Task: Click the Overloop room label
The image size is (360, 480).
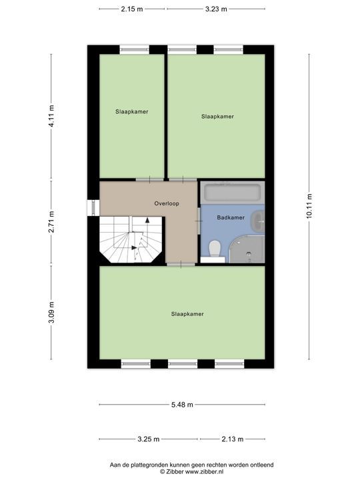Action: [167, 203]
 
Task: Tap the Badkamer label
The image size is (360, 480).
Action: [231, 217]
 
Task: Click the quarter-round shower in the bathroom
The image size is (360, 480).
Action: [247, 249]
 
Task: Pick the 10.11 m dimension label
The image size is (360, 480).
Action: [309, 206]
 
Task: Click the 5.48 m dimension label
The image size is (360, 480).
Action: [182, 405]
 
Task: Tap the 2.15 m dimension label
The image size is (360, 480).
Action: [132, 9]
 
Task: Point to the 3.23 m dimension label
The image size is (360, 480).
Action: [216, 9]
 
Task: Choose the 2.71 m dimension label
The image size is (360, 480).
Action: [51, 222]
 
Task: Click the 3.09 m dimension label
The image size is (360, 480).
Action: [51, 312]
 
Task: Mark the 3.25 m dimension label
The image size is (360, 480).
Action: [149, 439]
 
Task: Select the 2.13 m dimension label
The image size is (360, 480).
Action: [233, 439]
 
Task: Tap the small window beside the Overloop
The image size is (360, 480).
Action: [91, 208]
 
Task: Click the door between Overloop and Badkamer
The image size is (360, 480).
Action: [199, 221]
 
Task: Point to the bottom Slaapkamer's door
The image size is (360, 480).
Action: [181, 264]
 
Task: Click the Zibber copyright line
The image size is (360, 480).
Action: [191, 472]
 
